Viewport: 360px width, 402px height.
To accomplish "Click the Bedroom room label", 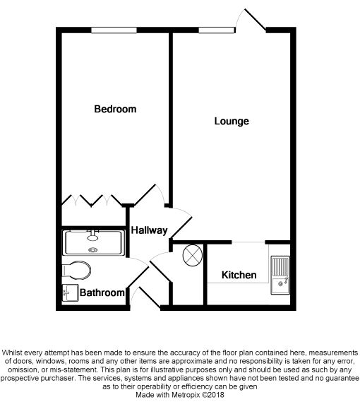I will point(115,110).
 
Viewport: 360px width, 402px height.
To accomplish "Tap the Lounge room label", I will point(232,122).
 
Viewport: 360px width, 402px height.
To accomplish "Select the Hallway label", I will point(148,230).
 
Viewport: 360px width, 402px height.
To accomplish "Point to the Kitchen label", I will point(239,275).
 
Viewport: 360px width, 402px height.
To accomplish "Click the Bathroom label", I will point(102,292).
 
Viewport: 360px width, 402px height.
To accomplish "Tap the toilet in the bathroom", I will point(76,270).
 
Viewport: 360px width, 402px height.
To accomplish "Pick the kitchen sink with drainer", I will point(280,275).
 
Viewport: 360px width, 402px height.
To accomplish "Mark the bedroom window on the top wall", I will point(113,30).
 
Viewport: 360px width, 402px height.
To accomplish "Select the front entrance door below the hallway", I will point(145,297).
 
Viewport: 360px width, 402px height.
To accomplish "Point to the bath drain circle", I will point(92,249).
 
